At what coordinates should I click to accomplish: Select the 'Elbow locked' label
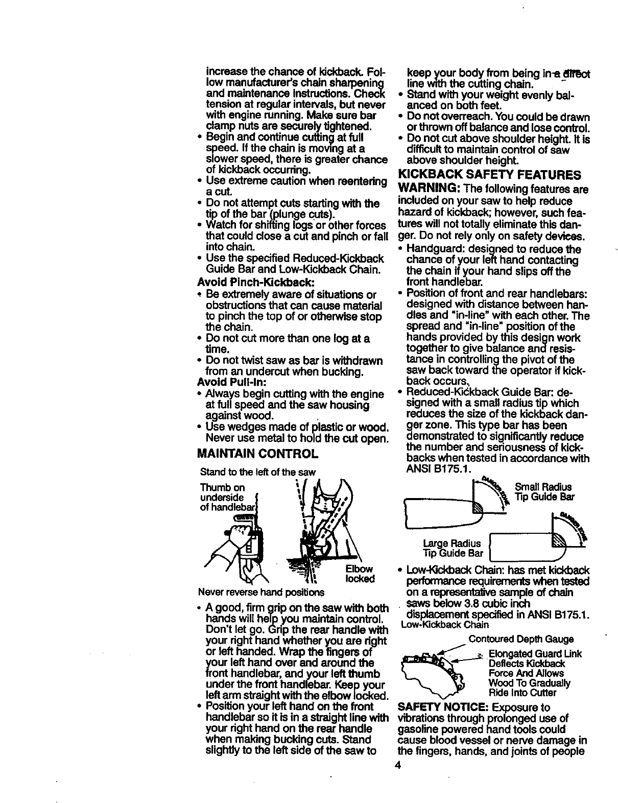360,574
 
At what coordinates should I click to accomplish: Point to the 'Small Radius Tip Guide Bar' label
544,492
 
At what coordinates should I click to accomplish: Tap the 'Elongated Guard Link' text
535,654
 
